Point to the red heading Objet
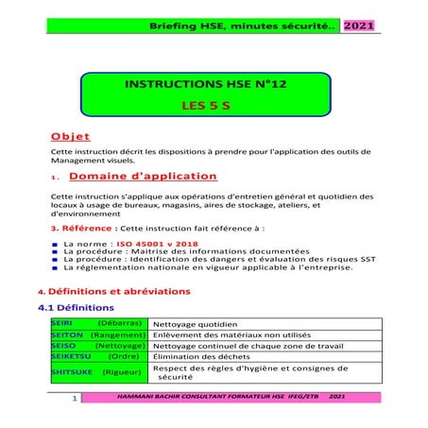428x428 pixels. click(x=70, y=134)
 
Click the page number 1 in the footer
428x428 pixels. click(x=73, y=402)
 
